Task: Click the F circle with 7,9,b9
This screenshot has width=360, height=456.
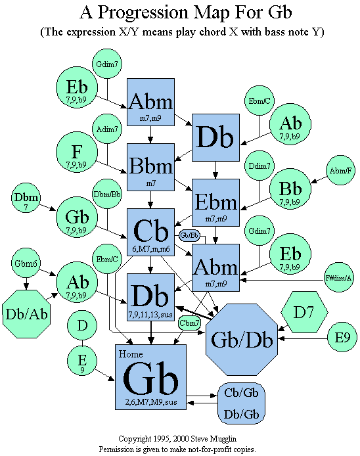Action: point(77,152)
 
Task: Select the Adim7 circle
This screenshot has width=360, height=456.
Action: point(107,129)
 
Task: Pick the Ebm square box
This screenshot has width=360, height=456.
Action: point(215,202)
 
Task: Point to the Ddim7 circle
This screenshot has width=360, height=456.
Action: point(259,166)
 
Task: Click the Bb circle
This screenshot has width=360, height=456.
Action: point(290,189)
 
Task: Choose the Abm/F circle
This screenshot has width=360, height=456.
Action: point(340,170)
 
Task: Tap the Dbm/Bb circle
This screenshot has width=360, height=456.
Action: point(107,194)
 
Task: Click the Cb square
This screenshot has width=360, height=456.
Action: point(150,232)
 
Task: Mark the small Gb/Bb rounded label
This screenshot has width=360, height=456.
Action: point(189,235)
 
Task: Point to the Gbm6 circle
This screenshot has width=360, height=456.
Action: point(26,263)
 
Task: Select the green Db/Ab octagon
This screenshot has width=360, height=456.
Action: point(26,314)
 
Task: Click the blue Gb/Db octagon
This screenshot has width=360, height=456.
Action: point(242,340)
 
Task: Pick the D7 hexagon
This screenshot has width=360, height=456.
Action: point(304,312)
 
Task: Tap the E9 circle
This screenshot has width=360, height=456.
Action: point(342,337)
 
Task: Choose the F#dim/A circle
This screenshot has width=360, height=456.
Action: point(338,277)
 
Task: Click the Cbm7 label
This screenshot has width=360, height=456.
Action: point(189,323)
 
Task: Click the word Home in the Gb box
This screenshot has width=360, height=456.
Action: point(131,354)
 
